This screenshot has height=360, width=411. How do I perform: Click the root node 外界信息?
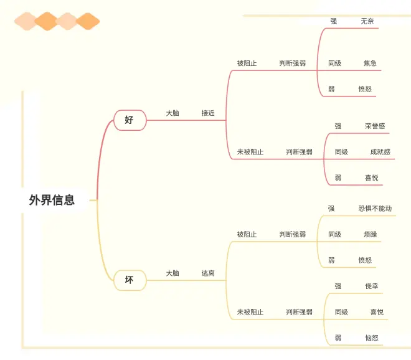click(x=52, y=200)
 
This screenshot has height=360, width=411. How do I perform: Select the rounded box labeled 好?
click(x=130, y=120)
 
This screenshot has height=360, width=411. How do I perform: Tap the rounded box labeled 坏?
click(x=130, y=280)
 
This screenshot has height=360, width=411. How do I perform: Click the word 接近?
click(x=208, y=113)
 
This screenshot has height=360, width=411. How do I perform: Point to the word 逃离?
click(x=208, y=273)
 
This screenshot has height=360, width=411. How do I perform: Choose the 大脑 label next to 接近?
click(x=172, y=113)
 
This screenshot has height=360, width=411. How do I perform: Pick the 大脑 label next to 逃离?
click(x=172, y=273)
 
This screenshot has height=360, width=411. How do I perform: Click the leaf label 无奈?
click(x=367, y=21)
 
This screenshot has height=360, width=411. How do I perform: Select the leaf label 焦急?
click(x=370, y=64)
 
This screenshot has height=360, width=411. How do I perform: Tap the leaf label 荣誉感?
click(x=375, y=126)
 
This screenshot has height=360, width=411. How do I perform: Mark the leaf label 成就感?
click(x=380, y=152)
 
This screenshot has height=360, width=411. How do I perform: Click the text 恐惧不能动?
click(x=375, y=209)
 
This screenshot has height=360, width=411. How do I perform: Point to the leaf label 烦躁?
click(x=370, y=235)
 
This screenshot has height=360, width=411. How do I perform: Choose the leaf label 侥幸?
click(x=372, y=287)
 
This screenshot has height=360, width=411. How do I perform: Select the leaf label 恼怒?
click(x=372, y=338)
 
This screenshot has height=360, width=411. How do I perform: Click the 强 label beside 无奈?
click(x=334, y=21)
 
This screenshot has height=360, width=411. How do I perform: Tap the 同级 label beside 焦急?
click(x=335, y=64)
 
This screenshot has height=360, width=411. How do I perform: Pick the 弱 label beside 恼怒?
click(x=338, y=338)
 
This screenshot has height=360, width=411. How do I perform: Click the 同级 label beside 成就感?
click(x=341, y=152)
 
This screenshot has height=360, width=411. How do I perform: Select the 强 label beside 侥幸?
click(x=338, y=287)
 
